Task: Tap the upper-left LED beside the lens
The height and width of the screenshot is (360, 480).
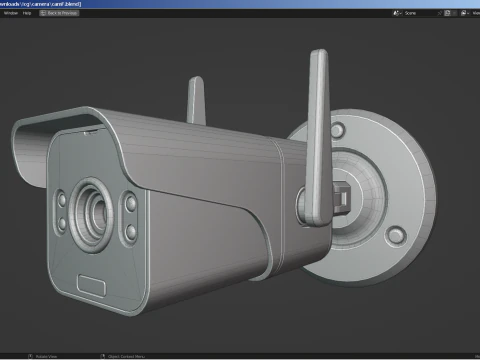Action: tap(61, 197)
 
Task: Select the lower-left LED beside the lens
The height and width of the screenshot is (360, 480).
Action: tap(63, 221)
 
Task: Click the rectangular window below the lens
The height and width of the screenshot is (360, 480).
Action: tap(93, 285)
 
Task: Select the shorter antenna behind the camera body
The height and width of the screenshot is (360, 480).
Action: tap(196, 95)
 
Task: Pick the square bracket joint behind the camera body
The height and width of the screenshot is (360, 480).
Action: tap(345, 196)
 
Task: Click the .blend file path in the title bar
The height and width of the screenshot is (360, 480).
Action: tap(50, 4)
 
